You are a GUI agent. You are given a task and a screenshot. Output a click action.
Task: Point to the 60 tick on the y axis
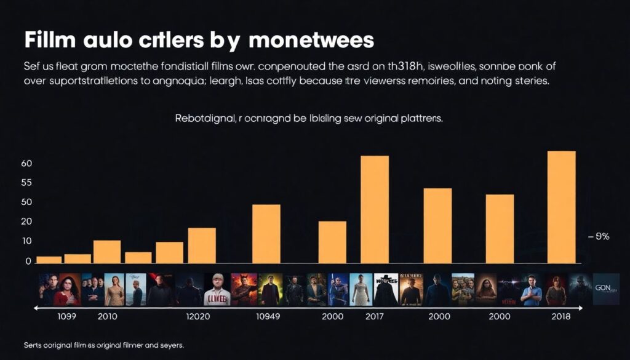[x=26, y=164]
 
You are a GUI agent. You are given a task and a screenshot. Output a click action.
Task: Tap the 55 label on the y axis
[x=26, y=183]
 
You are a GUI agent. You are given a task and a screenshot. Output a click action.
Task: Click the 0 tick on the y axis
[x=28, y=262]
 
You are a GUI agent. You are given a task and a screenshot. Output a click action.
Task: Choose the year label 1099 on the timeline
[x=60, y=316]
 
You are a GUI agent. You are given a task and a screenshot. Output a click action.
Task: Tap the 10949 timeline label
[x=271, y=316]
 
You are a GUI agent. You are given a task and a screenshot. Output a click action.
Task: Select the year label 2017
[x=374, y=316]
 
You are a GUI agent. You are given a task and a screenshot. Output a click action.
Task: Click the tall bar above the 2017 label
[x=375, y=209]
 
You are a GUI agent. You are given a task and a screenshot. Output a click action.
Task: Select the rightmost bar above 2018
[x=562, y=207]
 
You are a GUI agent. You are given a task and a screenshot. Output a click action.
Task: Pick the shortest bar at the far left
[x=49, y=259]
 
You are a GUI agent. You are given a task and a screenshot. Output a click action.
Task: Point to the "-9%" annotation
[x=599, y=236]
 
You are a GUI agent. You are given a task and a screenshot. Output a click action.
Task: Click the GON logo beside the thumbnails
[x=606, y=289]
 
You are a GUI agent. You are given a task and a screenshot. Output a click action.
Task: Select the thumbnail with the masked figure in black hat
[x=386, y=289]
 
